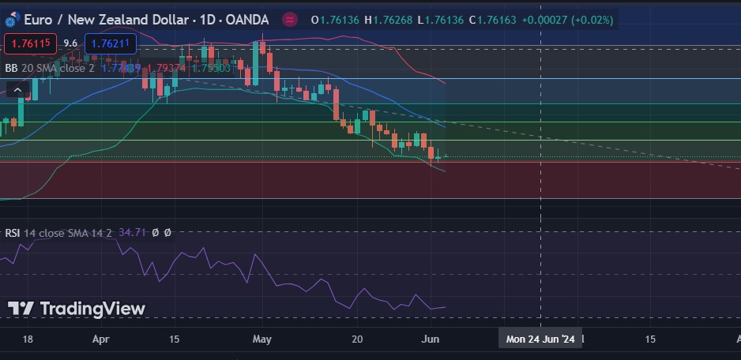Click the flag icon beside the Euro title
click(x=12, y=19)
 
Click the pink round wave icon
click(x=290, y=19)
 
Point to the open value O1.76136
click(x=337, y=19)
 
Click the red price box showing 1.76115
click(x=30, y=44)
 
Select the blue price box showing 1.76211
click(x=111, y=44)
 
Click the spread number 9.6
click(x=70, y=44)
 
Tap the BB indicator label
click(x=11, y=68)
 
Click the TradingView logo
click(x=77, y=309)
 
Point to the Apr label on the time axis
click(x=100, y=339)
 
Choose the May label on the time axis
click(x=262, y=339)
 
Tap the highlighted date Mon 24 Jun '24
click(x=540, y=339)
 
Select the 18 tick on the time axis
click(x=28, y=339)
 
